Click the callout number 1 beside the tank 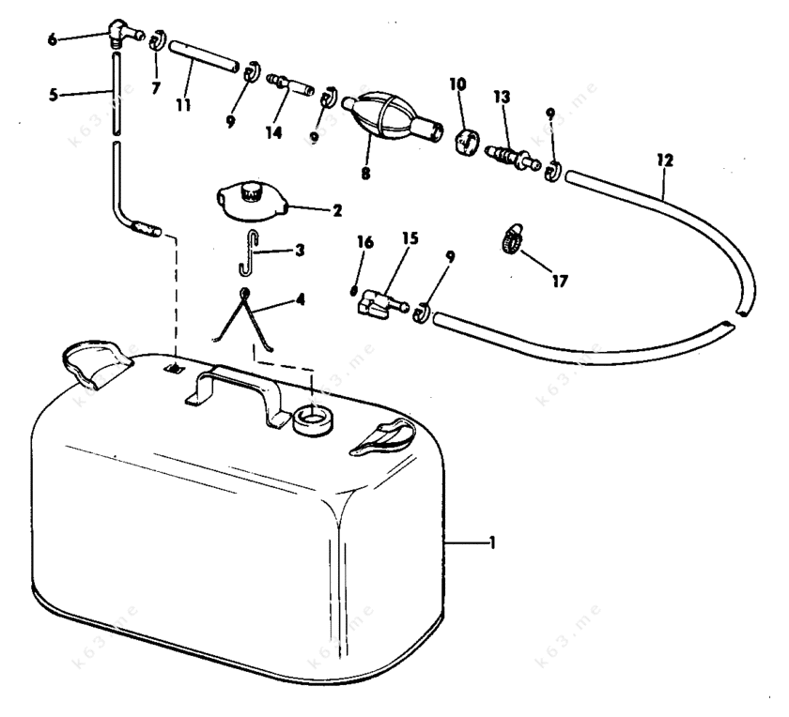pyautogui.click(x=494, y=542)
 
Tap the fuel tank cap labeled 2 pyautogui.click(x=248, y=201)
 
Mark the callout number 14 pyautogui.click(x=273, y=132)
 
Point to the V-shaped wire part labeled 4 pyautogui.click(x=244, y=319)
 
